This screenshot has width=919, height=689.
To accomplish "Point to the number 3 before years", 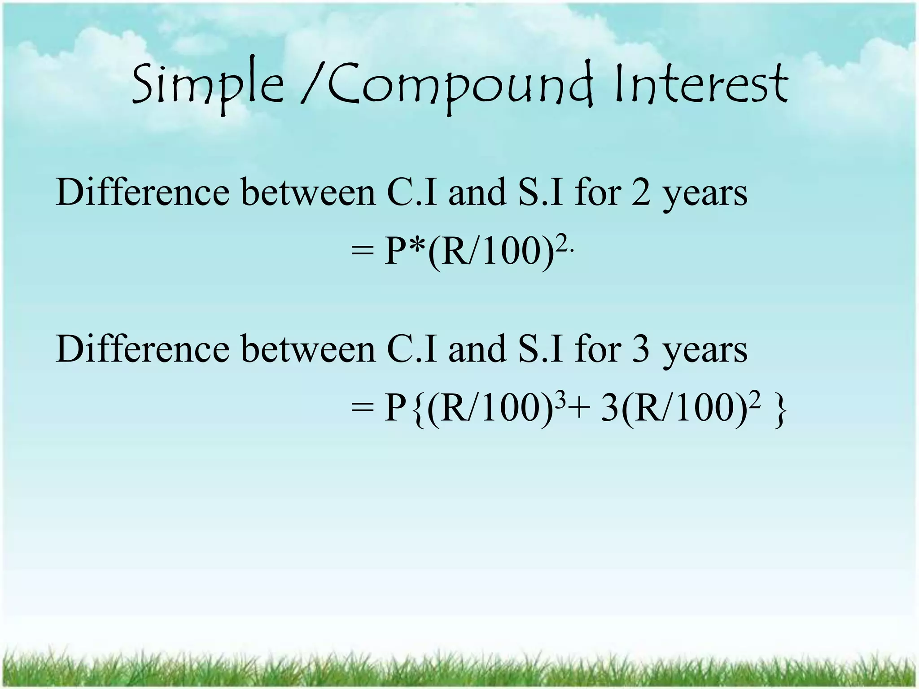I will pos(641,349).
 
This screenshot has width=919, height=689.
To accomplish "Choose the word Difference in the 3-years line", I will pos(142,349).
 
